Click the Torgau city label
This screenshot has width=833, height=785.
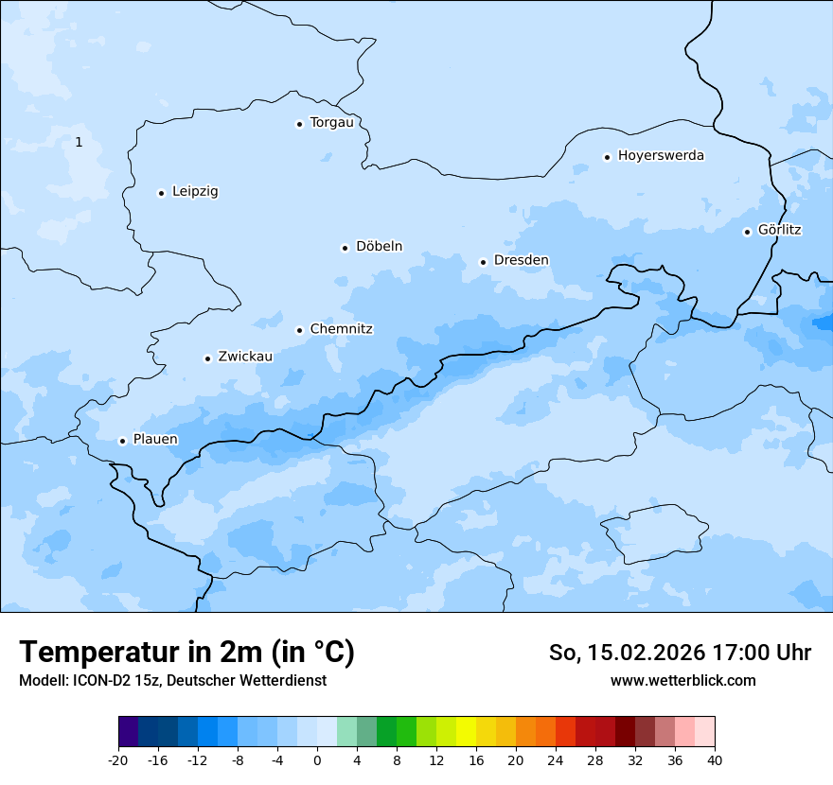coord(331,123)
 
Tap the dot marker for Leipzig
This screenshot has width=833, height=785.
coord(161,193)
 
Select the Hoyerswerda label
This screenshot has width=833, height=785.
coord(661,155)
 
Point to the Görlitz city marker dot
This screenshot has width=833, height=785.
coord(747,232)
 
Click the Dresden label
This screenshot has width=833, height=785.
coord(521,260)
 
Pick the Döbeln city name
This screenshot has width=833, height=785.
coord(379,247)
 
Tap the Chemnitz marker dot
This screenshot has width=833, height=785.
coord(299,330)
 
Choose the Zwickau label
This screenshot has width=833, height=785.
coord(245,357)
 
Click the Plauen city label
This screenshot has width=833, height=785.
coord(155,440)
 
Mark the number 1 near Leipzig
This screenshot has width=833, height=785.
coord(79,142)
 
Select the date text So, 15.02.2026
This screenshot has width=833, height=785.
coord(625,653)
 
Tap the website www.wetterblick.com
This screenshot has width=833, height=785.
coord(682,680)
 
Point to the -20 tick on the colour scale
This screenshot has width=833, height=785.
coord(118,759)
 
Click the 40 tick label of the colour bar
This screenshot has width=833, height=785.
coord(715,759)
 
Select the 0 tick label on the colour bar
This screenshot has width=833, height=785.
coord(317,759)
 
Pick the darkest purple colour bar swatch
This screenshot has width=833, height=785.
coord(128,732)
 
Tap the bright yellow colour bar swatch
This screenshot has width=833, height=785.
coord(466,732)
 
